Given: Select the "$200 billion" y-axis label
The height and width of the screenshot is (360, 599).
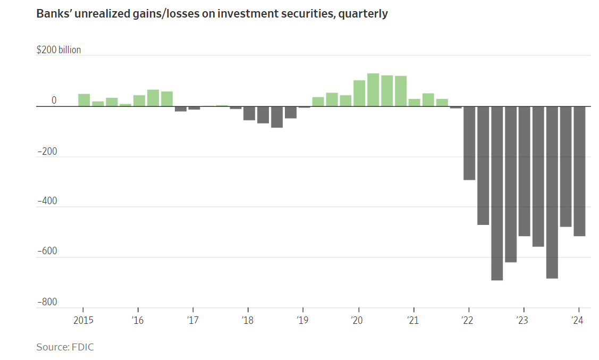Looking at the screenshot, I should pyautogui.click(x=58, y=50).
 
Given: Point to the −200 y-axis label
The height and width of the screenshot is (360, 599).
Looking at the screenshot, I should pyautogui.click(x=47, y=152).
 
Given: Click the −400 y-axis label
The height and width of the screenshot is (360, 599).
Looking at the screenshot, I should pyautogui.click(x=47, y=202).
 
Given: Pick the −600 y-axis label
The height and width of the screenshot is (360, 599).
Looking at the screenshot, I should pyautogui.click(x=47, y=252).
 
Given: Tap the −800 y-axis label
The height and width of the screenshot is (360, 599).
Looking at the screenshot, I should pyautogui.click(x=47, y=302).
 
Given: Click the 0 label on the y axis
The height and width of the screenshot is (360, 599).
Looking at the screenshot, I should pyautogui.click(x=54, y=101).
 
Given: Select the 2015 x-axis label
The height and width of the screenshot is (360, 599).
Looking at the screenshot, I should pyautogui.click(x=83, y=320).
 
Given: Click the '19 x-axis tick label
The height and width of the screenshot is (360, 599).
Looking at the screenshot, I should pyautogui.click(x=302, y=320).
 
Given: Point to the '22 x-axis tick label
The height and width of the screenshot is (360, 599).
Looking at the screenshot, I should pyautogui.click(x=467, y=320).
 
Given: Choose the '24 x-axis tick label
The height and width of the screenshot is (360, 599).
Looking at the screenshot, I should pyautogui.click(x=577, y=320).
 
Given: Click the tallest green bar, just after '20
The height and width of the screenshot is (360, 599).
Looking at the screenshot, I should pyautogui.click(x=373, y=90).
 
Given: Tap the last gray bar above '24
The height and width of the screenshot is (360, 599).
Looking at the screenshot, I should pyautogui.click(x=579, y=171).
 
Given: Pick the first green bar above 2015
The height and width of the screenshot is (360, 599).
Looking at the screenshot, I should pyautogui.click(x=84, y=100).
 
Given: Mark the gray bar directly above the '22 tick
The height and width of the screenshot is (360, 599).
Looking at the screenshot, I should pyautogui.click(x=469, y=143).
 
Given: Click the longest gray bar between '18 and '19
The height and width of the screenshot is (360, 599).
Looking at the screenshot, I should pyautogui.click(x=277, y=117).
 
